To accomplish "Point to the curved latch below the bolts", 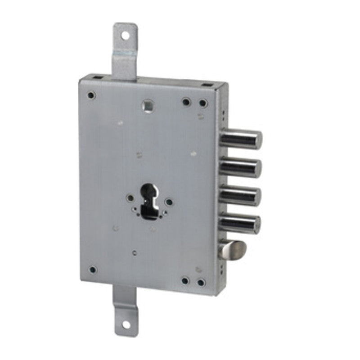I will click(233, 248).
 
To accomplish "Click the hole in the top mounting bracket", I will click(126, 35).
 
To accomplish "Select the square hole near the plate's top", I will click(147, 105).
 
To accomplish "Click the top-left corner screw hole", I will click(91, 95).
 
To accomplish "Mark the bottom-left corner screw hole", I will click(92, 270).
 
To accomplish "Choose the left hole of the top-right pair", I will click(186, 102).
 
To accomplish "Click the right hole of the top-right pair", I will click(203, 103).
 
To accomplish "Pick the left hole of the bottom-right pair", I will click(185, 281).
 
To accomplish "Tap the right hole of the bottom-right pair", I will click(201, 283).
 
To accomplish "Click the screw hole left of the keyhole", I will click(130, 198).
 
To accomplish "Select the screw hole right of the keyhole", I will click(169, 202).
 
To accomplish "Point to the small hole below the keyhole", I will click(135, 252).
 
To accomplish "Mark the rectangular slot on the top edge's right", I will click(207, 85).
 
